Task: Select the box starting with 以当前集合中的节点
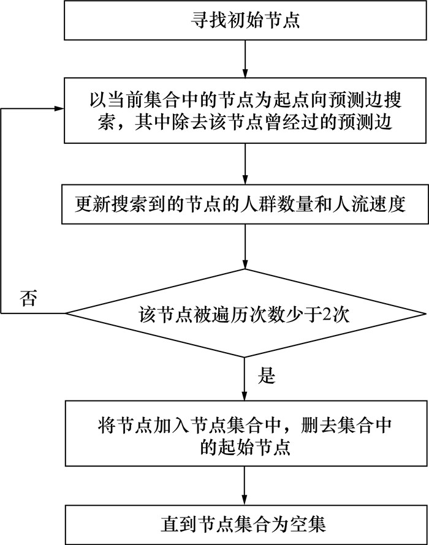pos(245,110)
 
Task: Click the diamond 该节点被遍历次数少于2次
pos(245,314)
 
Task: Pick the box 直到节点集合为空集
pos(245,524)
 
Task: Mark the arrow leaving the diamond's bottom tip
pos(245,380)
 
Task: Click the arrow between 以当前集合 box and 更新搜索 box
pos(245,165)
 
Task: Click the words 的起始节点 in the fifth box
pos(245,447)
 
